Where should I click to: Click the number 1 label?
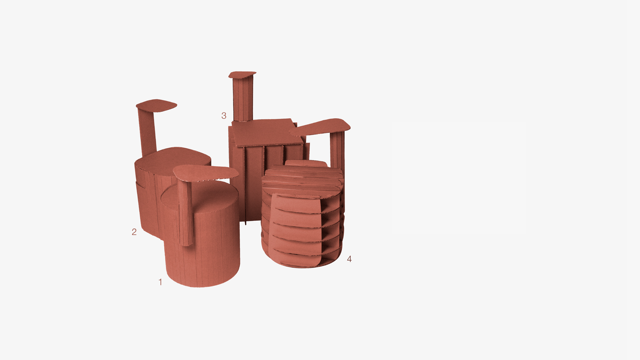pyautogui.click(x=160, y=282)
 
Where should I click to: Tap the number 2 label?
pyautogui.click(x=134, y=232)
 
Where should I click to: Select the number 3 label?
pyautogui.click(x=224, y=116)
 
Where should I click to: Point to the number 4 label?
pyautogui.click(x=349, y=259)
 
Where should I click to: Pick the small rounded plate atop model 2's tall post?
pyautogui.click(x=156, y=105)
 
